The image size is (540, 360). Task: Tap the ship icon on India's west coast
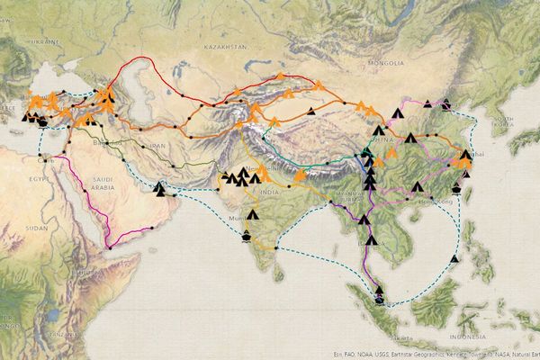[247, 235]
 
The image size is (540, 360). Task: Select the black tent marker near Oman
[160, 188]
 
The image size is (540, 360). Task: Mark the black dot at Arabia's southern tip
[108, 247]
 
